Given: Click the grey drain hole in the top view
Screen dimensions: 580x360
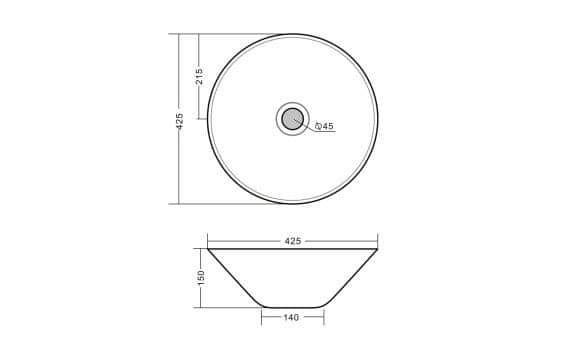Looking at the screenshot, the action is tap(293, 119).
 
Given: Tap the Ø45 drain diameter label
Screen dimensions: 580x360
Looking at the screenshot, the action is tap(324, 126).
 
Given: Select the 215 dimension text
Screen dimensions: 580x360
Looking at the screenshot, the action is tap(199, 76).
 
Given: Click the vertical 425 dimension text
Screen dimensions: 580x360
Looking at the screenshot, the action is tap(179, 121).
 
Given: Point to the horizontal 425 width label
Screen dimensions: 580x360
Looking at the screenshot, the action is tap(293, 241).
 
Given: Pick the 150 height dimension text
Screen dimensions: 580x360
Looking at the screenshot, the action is tap(201, 278).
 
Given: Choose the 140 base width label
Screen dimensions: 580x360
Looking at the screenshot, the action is tap(291, 317).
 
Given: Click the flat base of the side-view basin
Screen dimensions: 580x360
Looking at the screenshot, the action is tap(293, 307).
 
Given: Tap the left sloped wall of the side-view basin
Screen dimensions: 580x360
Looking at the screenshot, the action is tap(235, 278).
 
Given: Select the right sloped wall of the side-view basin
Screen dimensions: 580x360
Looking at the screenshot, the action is tap(350, 278).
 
